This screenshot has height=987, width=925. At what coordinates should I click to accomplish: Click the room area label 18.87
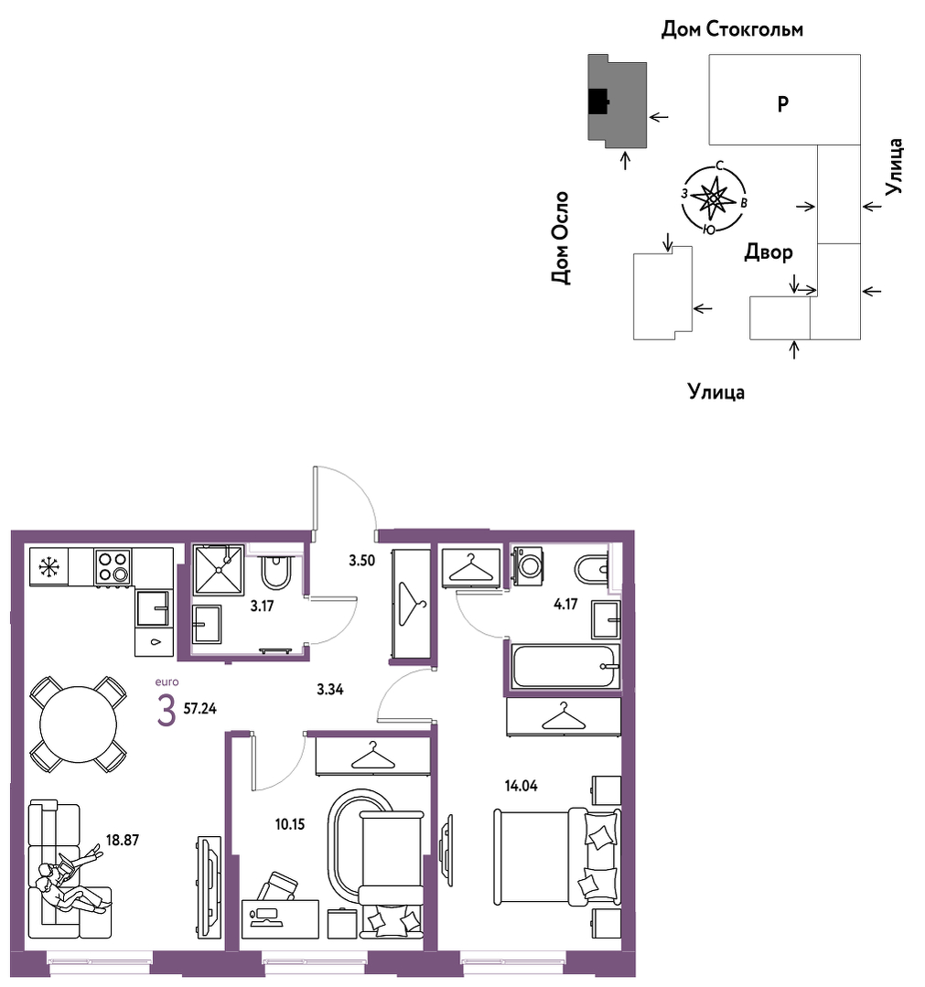point(123,840)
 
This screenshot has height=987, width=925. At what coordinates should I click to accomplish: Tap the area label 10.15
point(290,824)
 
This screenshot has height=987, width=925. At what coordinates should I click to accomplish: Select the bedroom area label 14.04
point(521,786)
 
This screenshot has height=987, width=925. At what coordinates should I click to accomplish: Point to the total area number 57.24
point(199,709)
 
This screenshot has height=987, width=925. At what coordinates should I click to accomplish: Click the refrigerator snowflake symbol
point(48,566)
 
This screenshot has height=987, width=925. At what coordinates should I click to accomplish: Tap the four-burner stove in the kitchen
point(113,566)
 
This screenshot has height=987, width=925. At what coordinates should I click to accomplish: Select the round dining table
point(78,724)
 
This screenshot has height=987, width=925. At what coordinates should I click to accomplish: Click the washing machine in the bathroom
point(528,566)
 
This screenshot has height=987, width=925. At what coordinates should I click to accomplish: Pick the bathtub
point(565,667)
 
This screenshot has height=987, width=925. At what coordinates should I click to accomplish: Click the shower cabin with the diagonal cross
point(219,570)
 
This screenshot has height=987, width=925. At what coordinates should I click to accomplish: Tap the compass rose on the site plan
point(714,198)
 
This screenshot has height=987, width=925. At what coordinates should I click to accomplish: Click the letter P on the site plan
point(782,103)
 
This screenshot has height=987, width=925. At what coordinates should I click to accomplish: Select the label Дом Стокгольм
point(732,29)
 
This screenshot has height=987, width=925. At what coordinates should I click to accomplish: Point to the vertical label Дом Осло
point(560,238)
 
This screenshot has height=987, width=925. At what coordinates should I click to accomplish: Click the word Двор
point(769,252)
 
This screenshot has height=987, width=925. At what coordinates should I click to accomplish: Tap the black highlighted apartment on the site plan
point(597,102)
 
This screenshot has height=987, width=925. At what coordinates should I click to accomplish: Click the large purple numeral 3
point(167,712)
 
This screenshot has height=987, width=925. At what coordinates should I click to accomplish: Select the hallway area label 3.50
point(362,560)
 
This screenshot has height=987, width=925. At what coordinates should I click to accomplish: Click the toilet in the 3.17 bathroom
point(275,570)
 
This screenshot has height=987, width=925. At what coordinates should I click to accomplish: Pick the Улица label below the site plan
point(716,392)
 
